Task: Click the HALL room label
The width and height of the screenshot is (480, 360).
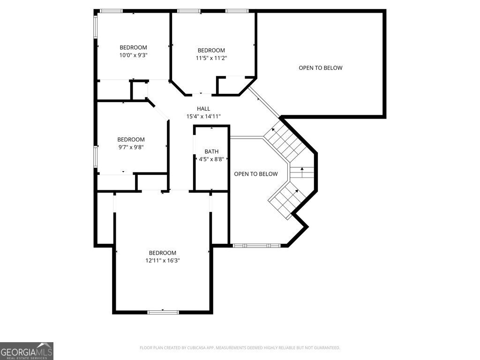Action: click(203, 109)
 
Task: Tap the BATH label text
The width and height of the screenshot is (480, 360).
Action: click(211, 151)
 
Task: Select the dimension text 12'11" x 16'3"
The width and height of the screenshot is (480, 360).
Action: click(163, 261)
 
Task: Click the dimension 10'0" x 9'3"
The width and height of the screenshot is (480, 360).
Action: click(134, 55)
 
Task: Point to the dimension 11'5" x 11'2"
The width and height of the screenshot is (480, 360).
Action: click(211, 58)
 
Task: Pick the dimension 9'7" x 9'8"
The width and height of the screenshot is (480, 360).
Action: click(131, 147)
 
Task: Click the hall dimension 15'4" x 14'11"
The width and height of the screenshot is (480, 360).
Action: click(203, 116)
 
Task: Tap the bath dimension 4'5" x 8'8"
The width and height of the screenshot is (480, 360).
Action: click(211, 159)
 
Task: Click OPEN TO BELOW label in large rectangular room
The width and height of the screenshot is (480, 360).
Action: click(321, 68)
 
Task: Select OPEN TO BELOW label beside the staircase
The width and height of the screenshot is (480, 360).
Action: click(256, 174)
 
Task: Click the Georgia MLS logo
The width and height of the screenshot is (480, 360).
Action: click(27, 351)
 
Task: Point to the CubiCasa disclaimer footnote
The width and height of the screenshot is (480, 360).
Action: click(240, 348)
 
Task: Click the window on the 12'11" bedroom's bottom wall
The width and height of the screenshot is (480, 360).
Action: click(163, 312)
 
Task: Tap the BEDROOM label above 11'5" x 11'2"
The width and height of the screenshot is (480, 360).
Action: click(211, 50)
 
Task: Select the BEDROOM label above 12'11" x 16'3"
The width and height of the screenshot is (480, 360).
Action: click(163, 253)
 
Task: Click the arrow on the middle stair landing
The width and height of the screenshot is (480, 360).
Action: click(302, 172)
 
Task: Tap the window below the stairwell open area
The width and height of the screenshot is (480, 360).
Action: click(256, 246)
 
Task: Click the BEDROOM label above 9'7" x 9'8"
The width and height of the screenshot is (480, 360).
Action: click(131, 140)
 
